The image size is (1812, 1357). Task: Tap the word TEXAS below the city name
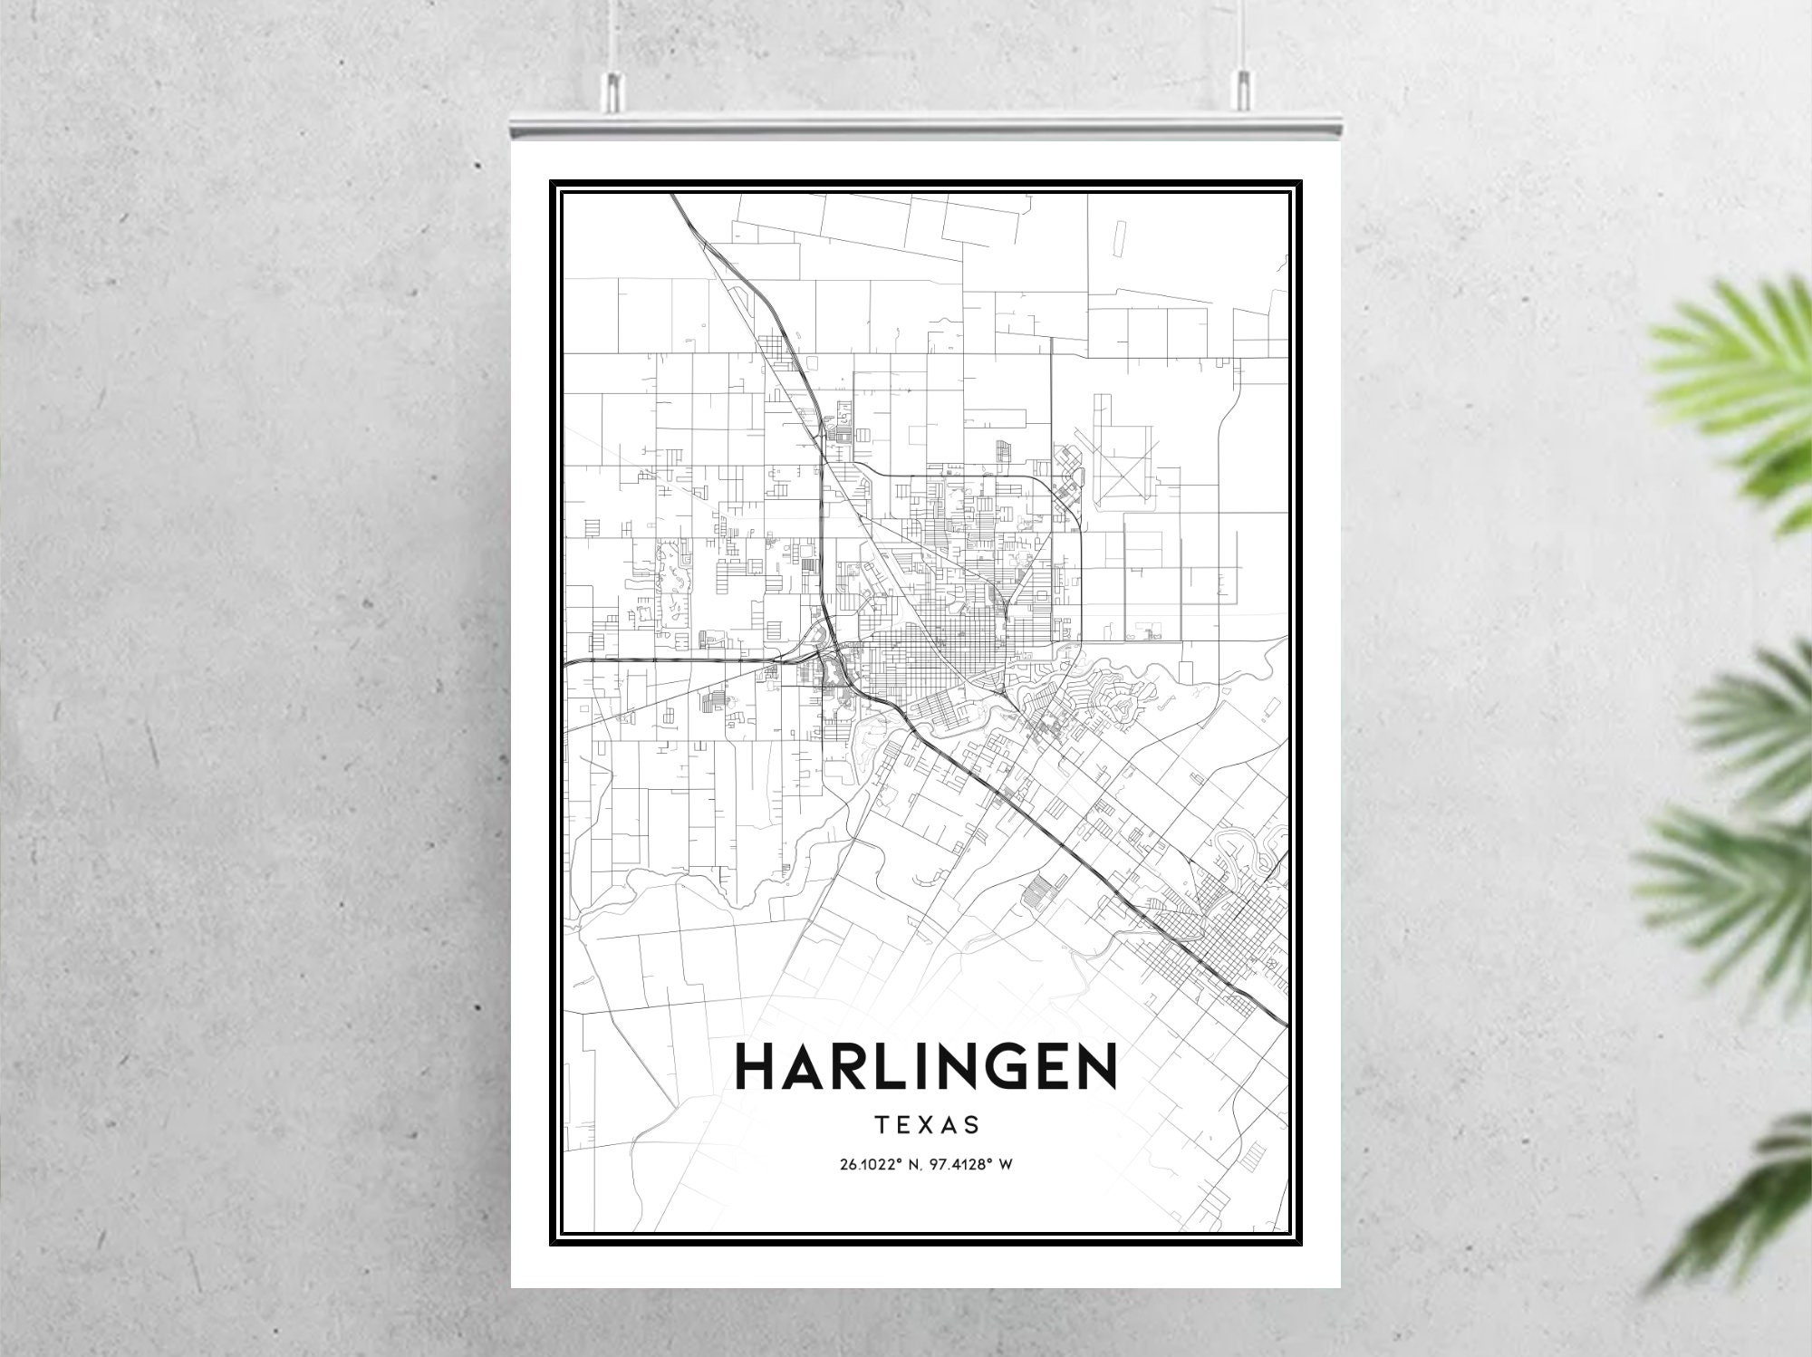[x=927, y=1125]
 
